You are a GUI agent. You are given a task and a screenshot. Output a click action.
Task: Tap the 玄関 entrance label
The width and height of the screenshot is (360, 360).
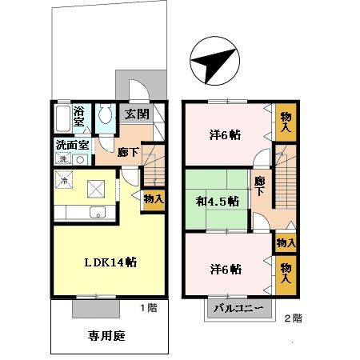(x=135, y=114)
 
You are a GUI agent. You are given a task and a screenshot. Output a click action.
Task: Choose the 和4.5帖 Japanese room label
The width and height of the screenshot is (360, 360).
(x=218, y=201)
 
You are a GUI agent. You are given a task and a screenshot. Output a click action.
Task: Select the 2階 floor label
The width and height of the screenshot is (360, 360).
(x=293, y=318)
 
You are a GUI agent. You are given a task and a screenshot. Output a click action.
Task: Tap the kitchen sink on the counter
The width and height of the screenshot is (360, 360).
(x=96, y=212)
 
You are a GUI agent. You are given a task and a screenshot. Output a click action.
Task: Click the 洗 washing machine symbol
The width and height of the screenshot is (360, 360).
(x=63, y=159)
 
